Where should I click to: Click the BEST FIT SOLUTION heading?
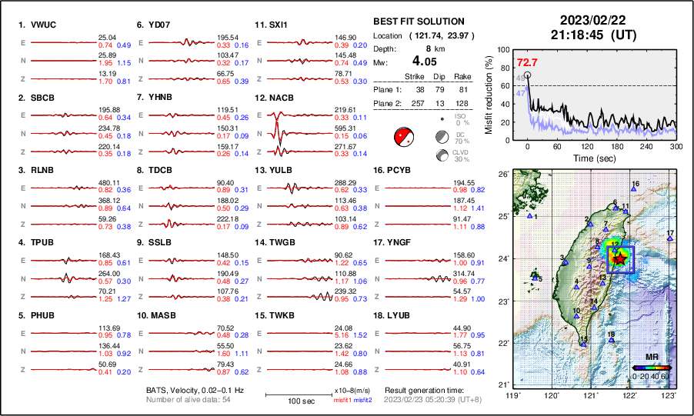point(418,22)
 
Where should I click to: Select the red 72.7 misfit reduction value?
point(527,62)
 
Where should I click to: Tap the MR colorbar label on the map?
point(652,358)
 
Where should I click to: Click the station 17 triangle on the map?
point(670,239)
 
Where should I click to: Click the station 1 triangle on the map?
point(530,216)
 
